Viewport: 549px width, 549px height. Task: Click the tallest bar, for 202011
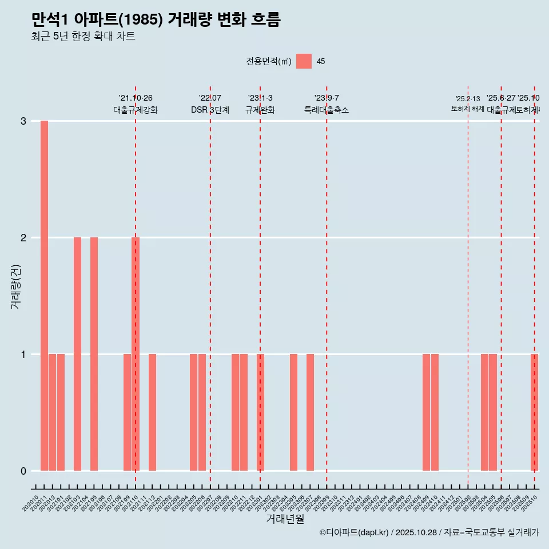pyautogui.click(x=44, y=296)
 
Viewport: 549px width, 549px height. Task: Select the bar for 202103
pyautogui.click(x=77, y=354)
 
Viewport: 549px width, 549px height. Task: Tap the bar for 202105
pyautogui.click(x=94, y=354)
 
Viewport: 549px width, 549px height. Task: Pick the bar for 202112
pyautogui.click(x=152, y=412)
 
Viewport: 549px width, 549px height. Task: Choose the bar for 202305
pyautogui.click(x=293, y=412)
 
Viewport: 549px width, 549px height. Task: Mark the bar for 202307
pyautogui.click(x=310, y=412)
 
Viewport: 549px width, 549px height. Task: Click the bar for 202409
pyautogui.click(x=426, y=412)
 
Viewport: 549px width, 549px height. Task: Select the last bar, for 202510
pyautogui.click(x=534, y=412)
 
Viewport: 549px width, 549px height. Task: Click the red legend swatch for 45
pyautogui.click(x=304, y=61)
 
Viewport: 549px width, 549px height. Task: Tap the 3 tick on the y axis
pyautogui.click(x=23, y=121)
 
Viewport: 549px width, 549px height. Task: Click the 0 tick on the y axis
pyautogui.click(x=23, y=471)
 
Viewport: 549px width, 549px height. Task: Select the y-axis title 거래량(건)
pyautogui.click(x=16, y=286)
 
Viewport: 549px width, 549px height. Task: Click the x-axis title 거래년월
pyautogui.click(x=285, y=519)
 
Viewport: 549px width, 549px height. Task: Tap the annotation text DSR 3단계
pyautogui.click(x=210, y=110)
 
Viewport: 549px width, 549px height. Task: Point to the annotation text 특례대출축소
pyautogui.click(x=327, y=110)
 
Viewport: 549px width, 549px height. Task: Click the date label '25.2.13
pyautogui.click(x=468, y=99)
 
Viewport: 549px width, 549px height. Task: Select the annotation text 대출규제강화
pyautogui.click(x=136, y=110)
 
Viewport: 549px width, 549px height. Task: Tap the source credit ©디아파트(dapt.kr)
pyautogui.click(x=354, y=532)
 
